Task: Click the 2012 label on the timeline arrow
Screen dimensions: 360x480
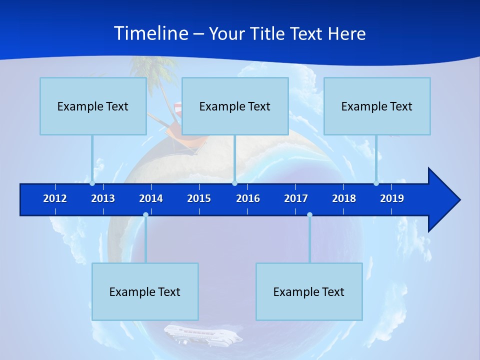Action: pyautogui.click(x=55, y=198)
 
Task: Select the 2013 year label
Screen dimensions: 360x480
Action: pyautogui.click(x=103, y=198)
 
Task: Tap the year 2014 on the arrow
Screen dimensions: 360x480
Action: pyautogui.click(x=151, y=198)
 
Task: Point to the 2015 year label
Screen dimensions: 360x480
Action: pyautogui.click(x=199, y=198)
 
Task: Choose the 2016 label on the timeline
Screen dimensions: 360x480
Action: pyautogui.click(x=248, y=198)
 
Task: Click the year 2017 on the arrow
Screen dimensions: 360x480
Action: pyautogui.click(x=296, y=198)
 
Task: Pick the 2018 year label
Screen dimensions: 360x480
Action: pyautogui.click(x=344, y=198)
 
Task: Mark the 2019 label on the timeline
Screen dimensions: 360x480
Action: pyautogui.click(x=392, y=198)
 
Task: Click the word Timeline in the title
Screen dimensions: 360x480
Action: pyautogui.click(x=150, y=33)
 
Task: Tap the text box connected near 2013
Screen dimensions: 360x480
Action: pyautogui.click(x=93, y=106)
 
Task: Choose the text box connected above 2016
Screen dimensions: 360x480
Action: pyautogui.click(x=235, y=106)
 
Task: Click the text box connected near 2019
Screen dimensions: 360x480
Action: pyautogui.click(x=377, y=106)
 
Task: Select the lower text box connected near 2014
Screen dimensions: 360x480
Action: pyautogui.click(x=145, y=291)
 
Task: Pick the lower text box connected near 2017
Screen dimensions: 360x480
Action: pyautogui.click(x=309, y=291)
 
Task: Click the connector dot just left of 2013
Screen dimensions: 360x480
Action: pyautogui.click(x=92, y=183)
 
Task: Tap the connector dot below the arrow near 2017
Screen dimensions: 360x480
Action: pyautogui.click(x=309, y=214)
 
